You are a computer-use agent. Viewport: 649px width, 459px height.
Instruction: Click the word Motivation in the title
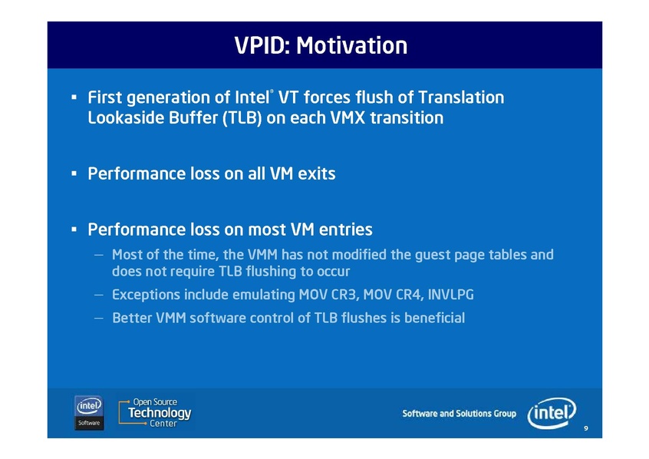[x=352, y=45]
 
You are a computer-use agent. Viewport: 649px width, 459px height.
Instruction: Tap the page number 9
[x=585, y=428]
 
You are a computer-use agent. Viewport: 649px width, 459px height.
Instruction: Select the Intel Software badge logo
[x=89, y=413]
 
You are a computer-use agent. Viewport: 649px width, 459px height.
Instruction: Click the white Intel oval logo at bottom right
[x=552, y=413]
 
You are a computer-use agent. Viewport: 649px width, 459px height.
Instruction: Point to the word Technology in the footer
[x=160, y=413]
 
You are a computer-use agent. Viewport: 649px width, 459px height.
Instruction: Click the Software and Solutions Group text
[x=459, y=414]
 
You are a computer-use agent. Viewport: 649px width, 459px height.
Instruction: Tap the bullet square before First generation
[x=74, y=97]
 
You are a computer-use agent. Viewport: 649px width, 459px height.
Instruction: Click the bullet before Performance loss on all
[x=74, y=173]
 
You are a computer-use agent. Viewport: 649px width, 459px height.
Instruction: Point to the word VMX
[x=348, y=118]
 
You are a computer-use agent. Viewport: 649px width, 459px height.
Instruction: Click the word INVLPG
[x=451, y=295]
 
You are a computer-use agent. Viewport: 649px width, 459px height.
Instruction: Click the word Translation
[x=461, y=97]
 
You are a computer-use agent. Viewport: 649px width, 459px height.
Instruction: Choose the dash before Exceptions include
[x=98, y=295]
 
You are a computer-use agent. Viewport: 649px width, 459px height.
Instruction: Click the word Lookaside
[x=125, y=118]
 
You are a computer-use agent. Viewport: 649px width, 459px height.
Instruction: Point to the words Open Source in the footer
[x=155, y=402]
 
